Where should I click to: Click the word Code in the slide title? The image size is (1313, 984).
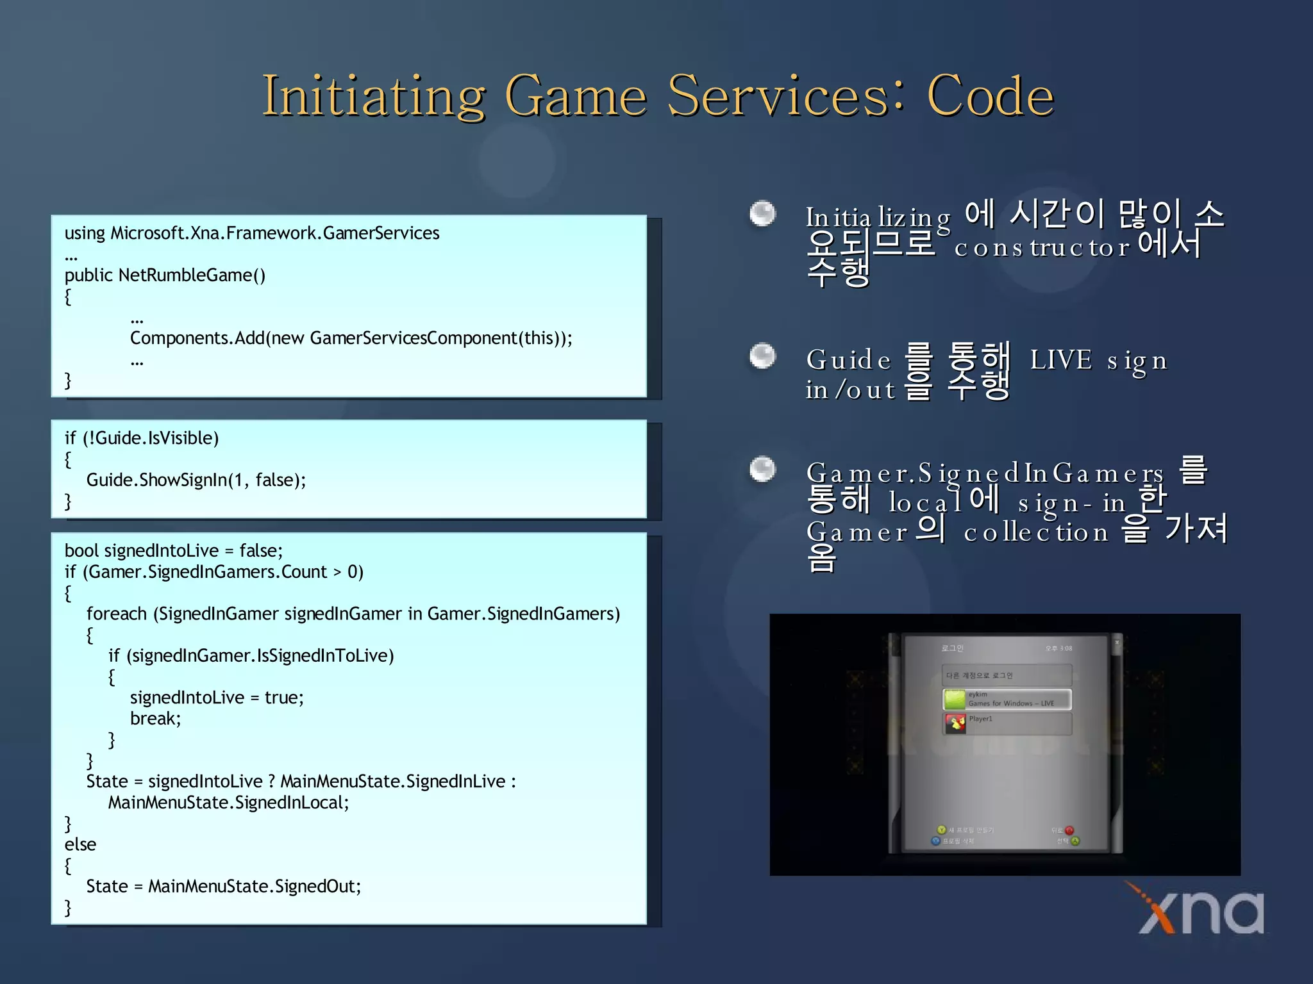pos(990,96)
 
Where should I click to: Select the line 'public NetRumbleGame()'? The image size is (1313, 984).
pos(165,275)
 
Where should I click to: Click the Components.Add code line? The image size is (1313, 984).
pos(351,338)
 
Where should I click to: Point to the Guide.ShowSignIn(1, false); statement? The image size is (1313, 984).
pos(196,480)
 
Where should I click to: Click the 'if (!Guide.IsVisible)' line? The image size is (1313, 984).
pos(142,438)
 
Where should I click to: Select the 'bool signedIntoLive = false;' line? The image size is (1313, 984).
pos(174,551)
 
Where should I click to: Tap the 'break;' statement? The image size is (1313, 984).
pos(156,719)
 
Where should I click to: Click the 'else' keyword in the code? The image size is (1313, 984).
pos(80,844)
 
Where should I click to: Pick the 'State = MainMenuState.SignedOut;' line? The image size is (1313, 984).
pos(224,887)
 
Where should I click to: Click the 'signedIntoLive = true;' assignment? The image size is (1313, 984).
pos(217,698)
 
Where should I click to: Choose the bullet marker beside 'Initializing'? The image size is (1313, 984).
pos(762,213)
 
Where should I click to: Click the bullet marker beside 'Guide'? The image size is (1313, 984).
pos(762,356)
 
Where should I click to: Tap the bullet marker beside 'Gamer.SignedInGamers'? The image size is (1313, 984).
pos(762,468)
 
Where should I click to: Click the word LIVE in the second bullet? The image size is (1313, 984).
pos(1060,360)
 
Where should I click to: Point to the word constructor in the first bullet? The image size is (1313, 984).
pos(1042,248)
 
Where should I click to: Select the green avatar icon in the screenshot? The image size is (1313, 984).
pos(955,699)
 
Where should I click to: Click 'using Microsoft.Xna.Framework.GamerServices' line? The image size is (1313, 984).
pos(252,233)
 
